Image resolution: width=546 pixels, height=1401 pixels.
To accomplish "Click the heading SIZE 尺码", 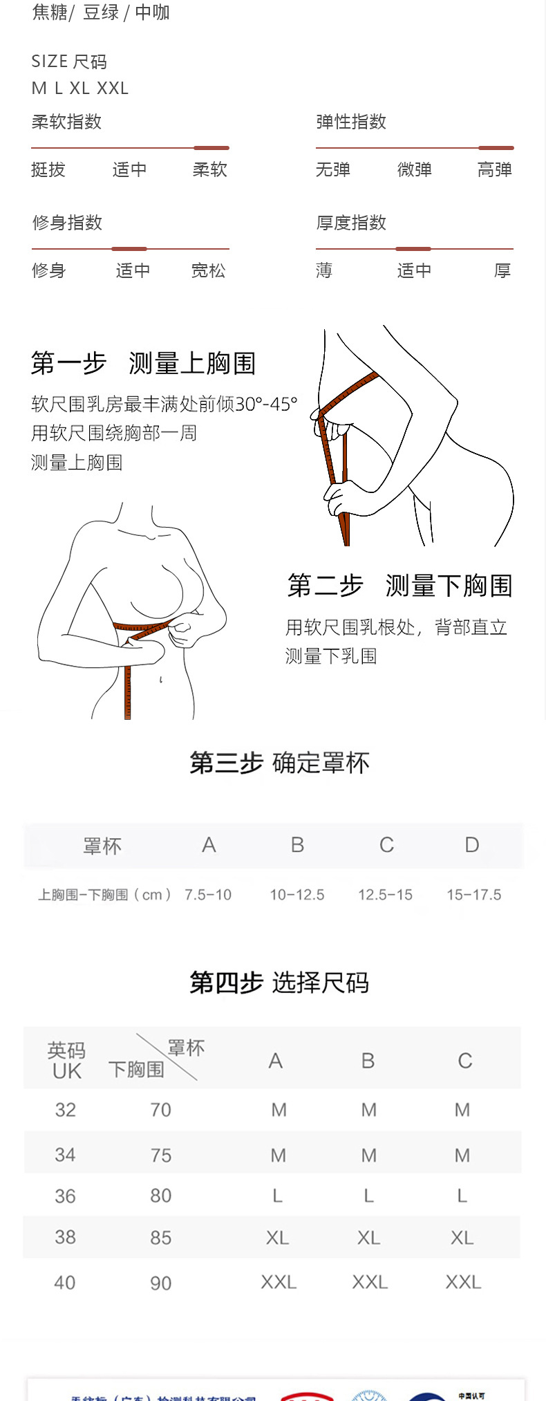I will coord(69,62).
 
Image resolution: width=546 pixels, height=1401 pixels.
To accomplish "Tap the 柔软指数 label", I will coord(67,122).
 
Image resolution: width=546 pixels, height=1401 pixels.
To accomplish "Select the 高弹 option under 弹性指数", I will coord(495,169).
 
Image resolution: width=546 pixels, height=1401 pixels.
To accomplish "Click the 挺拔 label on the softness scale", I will coord(48,169).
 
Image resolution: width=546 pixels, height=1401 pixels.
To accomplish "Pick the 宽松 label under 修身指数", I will coord(209,270).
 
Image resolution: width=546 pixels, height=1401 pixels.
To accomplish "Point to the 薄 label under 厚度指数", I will coord(324,270).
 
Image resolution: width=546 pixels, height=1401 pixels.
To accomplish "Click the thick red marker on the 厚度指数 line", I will coord(413,249).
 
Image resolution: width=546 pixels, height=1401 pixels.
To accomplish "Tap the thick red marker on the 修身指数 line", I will coord(129,249).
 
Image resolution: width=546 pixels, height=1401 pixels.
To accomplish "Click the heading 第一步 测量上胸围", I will coord(143,363).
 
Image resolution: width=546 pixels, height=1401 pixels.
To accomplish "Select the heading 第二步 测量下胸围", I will coord(399,586).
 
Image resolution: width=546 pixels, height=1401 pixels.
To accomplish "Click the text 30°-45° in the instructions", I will coord(266,404).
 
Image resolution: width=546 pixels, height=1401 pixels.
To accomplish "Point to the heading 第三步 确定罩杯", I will coord(279,763).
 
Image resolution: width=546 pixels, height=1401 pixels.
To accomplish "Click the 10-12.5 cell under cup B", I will coord(297,895).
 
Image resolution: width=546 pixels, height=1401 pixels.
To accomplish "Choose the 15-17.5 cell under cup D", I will coord(474,895).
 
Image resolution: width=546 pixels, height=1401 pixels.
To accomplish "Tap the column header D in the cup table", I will coord(472,845).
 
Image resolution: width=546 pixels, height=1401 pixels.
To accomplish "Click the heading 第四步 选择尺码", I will coord(279,982).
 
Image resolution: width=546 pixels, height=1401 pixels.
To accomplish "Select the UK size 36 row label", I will coord(65,1196).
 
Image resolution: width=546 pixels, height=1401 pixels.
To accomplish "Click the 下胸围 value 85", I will coord(161,1238).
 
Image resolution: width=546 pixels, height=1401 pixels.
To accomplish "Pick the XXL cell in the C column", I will coord(463,1282).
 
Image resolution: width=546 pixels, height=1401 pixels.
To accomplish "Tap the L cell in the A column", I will coord(278,1196).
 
